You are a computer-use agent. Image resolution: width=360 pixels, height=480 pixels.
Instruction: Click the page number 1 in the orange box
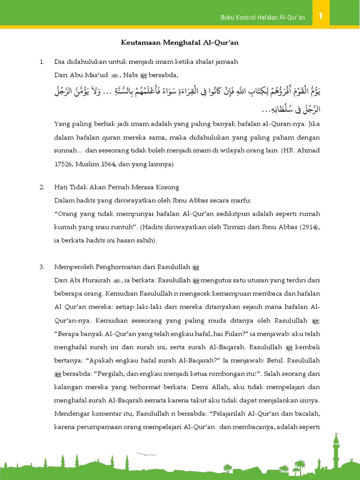pyautogui.click(x=321, y=16)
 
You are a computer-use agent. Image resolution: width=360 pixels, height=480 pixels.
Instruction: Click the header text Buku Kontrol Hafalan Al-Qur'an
pyautogui.click(x=262, y=17)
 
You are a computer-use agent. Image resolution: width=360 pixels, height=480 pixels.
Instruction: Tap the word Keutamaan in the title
pyautogui.click(x=138, y=43)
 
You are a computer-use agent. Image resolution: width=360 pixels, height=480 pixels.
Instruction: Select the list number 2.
pyautogui.click(x=42, y=187)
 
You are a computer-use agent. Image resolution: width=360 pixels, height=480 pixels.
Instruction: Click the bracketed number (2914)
pyautogui.click(x=307, y=227)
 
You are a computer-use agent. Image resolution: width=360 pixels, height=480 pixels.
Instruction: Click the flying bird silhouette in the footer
pyautogui.click(x=146, y=454)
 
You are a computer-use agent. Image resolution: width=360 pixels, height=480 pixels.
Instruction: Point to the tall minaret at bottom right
pyautogui.click(x=336, y=450)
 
